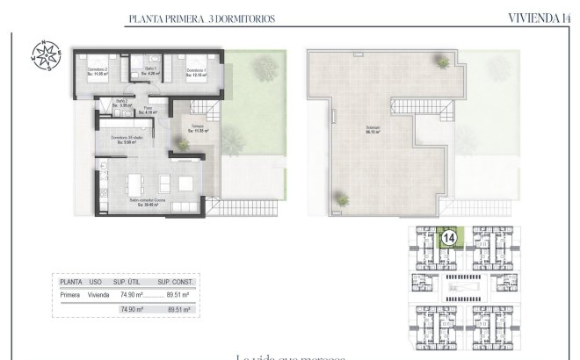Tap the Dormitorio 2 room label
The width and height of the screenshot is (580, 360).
(x=98, y=71)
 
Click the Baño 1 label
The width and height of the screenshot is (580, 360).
(x=149, y=70)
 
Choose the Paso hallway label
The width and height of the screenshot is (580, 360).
(x=149, y=110)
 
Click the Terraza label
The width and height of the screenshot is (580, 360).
(x=198, y=128)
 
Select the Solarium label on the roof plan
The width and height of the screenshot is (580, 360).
(x=373, y=131)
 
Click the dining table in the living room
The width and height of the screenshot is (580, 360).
(x=134, y=184)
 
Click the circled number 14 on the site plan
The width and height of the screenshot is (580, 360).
(x=448, y=237)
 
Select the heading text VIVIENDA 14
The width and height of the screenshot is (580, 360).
(x=538, y=17)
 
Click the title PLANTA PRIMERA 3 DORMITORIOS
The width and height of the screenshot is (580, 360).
(x=189, y=18)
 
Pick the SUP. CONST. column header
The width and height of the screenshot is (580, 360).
(x=176, y=283)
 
